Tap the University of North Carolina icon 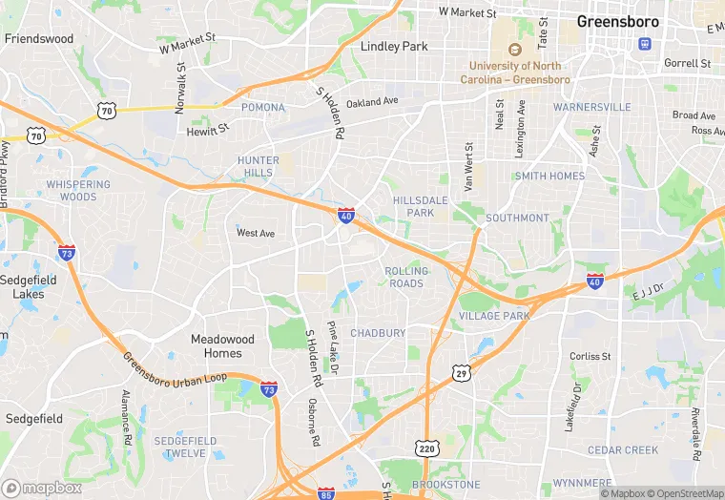[515, 50]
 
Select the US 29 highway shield [462, 372]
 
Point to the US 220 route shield [425, 447]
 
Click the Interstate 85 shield [326, 493]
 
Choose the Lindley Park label [395, 46]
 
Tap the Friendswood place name [39, 39]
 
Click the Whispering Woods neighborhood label [78, 191]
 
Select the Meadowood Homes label [222, 345]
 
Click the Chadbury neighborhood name [378, 333]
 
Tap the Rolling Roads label [405, 277]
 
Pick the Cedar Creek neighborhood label [623, 449]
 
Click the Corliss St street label [590, 356]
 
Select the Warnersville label [592, 107]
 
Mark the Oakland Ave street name [372, 102]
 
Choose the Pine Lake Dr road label [333, 347]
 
